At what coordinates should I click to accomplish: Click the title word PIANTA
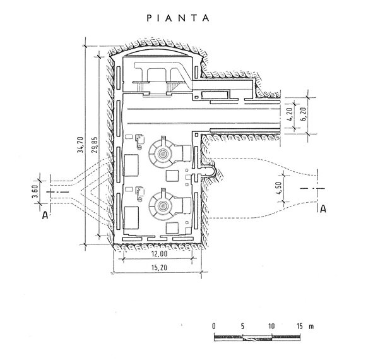click(178, 18)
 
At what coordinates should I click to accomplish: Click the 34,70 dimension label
click(81, 145)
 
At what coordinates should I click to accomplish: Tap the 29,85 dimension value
click(95, 145)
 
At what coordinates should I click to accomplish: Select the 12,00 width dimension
click(160, 254)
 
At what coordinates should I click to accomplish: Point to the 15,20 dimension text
click(160, 268)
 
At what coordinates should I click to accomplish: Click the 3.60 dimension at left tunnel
click(35, 191)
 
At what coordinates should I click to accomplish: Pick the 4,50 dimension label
click(278, 188)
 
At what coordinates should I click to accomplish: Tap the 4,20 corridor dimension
click(290, 114)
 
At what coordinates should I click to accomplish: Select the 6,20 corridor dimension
click(304, 114)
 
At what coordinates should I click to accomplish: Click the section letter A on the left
click(45, 215)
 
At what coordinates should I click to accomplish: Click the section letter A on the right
click(323, 209)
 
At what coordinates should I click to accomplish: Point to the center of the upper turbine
click(163, 153)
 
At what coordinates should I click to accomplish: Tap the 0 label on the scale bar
click(214, 326)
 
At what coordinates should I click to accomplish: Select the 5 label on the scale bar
click(242, 326)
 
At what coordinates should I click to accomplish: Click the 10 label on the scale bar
click(271, 326)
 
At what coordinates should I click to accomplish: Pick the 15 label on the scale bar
click(300, 326)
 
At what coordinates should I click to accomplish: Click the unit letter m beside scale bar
click(311, 327)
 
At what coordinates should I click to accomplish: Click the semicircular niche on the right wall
click(211, 171)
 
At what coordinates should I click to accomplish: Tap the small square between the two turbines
click(172, 176)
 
